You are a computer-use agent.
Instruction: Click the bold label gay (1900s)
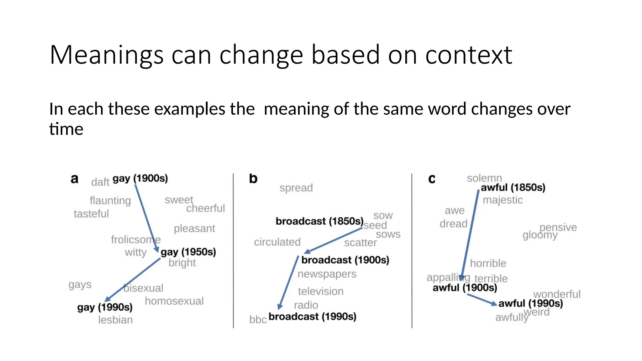[x=140, y=178]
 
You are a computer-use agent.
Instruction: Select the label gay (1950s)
[x=188, y=252]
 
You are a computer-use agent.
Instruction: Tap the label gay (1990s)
[x=105, y=307]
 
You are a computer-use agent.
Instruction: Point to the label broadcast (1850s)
[x=319, y=221]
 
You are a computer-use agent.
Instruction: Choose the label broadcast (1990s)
[x=312, y=317]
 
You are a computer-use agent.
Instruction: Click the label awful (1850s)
[x=513, y=187]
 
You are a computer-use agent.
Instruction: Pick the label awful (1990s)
[x=530, y=303]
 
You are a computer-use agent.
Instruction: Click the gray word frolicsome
[x=135, y=240]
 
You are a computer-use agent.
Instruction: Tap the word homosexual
[x=174, y=301]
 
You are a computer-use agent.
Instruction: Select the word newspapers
[x=327, y=274]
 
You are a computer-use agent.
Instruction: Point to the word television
[x=320, y=291]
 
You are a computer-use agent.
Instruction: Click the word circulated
[x=277, y=242]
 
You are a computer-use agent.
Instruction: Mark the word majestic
[x=503, y=200]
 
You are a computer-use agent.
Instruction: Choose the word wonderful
[x=557, y=294]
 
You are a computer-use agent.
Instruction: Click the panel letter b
[x=253, y=179]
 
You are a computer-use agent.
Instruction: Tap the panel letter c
[x=432, y=179]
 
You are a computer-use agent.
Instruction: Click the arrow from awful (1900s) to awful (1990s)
[x=481, y=299]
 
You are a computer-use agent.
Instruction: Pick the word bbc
[x=258, y=320]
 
